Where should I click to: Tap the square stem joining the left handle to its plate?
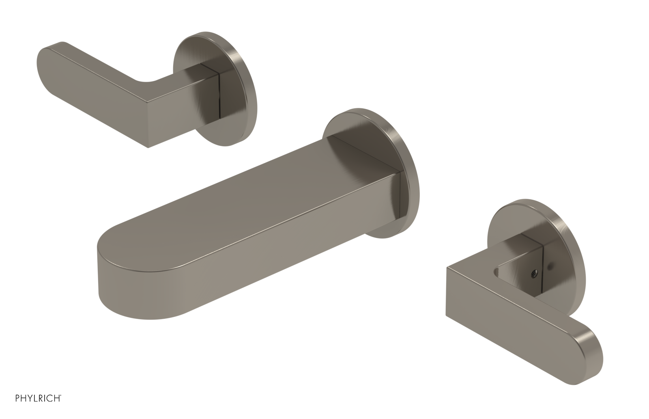pyautogui.click(x=205, y=91)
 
